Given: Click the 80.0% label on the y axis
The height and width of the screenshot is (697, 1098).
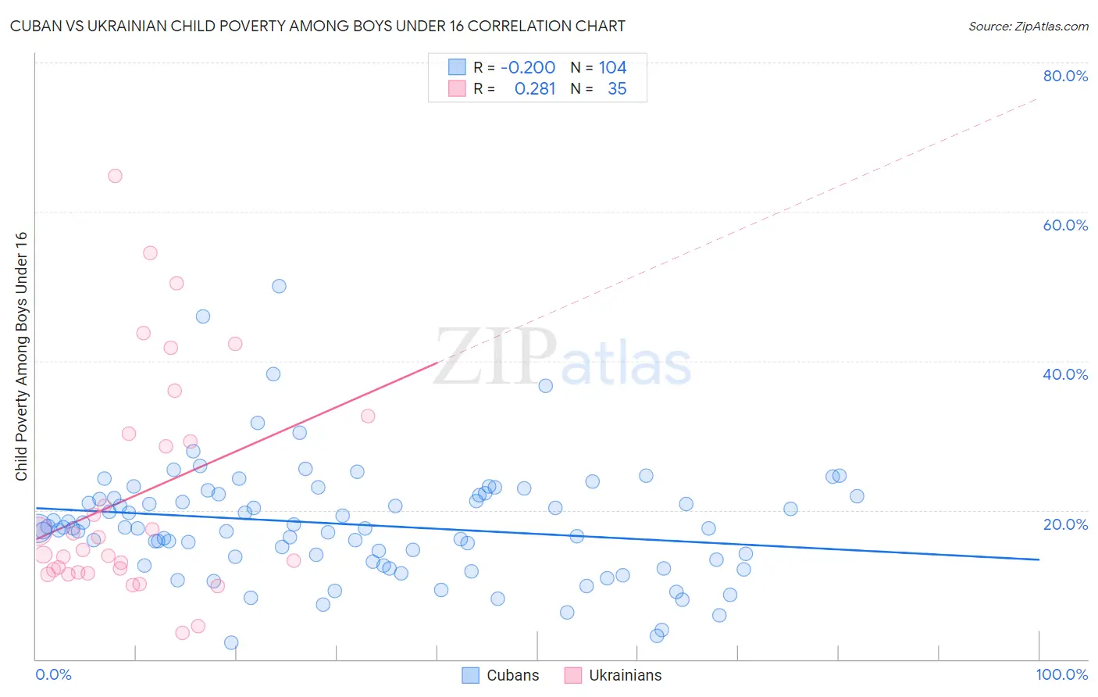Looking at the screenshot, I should pyautogui.click(x=1065, y=76).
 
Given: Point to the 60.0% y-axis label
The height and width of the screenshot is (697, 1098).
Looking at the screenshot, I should pyautogui.click(x=1065, y=225).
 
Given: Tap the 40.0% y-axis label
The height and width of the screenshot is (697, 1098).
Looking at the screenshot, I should pyautogui.click(x=1065, y=374).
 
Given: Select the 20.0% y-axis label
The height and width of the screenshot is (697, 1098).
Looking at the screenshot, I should pyautogui.click(x=1065, y=524).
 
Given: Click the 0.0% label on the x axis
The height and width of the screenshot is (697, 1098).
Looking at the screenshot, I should pyautogui.click(x=53, y=674).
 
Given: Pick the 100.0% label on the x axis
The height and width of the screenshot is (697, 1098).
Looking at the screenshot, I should pyautogui.click(x=1061, y=674).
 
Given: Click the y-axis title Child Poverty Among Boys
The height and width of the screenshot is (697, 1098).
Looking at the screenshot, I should pyautogui.click(x=21, y=356).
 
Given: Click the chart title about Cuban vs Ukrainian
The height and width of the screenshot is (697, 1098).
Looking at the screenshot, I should pyautogui.click(x=318, y=26).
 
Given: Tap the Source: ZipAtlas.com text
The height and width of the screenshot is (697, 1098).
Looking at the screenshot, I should pyautogui.click(x=1028, y=26).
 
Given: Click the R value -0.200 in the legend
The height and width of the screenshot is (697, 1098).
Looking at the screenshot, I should pyautogui.click(x=528, y=67).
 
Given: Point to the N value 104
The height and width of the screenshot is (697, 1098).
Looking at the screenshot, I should pyautogui.click(x=612, y=67).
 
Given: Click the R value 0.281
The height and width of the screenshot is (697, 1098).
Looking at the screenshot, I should pyautogui.click(x=535, y=89).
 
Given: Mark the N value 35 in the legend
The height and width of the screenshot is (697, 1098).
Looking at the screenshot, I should pyautogui.click(x=617, y=89).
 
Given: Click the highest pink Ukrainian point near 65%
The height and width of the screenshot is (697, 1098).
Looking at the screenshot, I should pyautogui.click(x=115, y=176).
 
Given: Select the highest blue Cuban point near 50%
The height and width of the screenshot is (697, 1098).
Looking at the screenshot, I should pyautogui.click(x=279, y=286).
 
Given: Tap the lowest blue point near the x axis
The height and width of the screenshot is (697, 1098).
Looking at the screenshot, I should pyautogui.click(x=231, y=642).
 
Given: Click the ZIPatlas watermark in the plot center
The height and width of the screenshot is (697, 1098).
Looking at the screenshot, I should pyautogui.click(x=562, y=359).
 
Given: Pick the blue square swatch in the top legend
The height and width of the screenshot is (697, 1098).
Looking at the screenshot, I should pyautogui.click(x=457, y=67).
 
